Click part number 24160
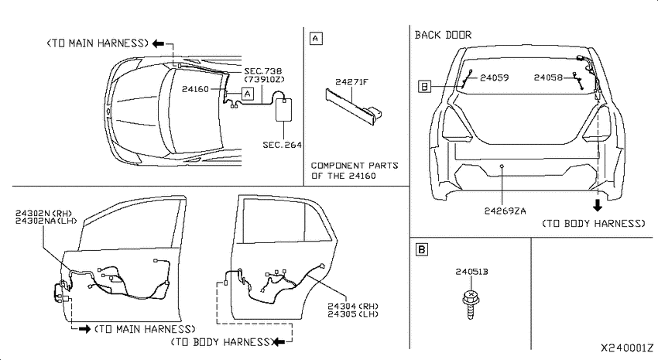[195, 89]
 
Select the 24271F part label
[351, 82]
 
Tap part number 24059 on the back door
[495, 77]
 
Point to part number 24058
[548, 77]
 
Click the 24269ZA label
[505, 211]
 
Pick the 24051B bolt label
[471, 272]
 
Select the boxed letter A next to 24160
[248, 94]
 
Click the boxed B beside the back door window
[425, 87]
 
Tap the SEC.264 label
[282, 146]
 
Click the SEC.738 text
[263, 71]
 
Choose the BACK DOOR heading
[443, 35]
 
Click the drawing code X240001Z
[627, 348]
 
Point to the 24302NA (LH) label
[46, 221]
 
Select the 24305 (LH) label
[353, 314]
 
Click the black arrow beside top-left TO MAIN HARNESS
[159, 43]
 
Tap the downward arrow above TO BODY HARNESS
[597, 205]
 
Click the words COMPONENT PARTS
[355, 166]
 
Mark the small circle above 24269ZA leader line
[502, 166]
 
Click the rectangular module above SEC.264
[283, 110]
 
